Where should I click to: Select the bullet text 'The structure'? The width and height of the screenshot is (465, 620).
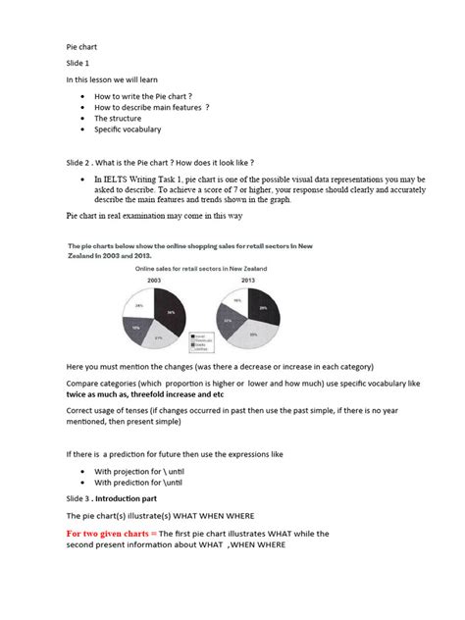[x=116, y=117]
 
